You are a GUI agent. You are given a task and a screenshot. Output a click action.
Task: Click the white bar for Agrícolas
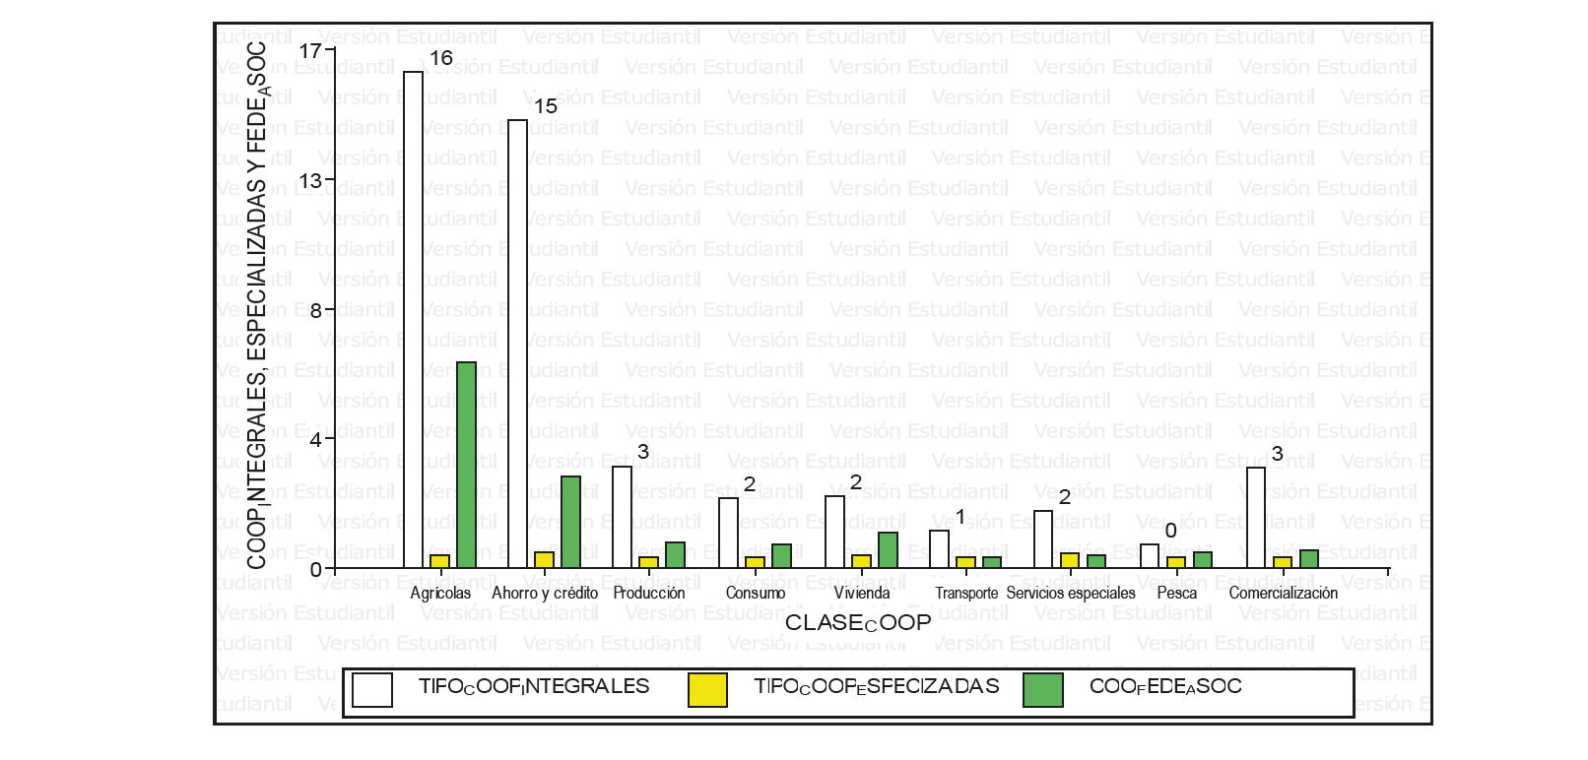click(413, 320)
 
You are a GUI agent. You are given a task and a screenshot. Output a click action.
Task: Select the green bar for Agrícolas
click(466, 465)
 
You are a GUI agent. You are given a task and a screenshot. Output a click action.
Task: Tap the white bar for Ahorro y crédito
click(517, 344)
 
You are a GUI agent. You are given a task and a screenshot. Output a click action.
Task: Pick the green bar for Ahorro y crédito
click(570, 522)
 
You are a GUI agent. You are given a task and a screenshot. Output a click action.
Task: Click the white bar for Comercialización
click(1256, 518)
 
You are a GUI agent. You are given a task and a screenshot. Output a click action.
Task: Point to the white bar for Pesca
click(1150, 556)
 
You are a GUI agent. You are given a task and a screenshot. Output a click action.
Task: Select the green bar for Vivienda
click(888, 550)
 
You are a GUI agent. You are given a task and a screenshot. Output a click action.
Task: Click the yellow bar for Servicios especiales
click(1070, 561)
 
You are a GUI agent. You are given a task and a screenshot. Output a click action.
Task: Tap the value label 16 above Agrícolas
click(440, 58)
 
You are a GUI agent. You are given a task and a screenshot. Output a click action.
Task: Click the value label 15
click(545, 106)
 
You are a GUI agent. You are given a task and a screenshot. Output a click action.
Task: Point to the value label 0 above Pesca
click(1170, 532)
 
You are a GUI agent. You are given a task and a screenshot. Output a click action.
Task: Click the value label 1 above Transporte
click(960, 518)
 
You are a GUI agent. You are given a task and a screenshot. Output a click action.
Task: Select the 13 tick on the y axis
click(311, 180)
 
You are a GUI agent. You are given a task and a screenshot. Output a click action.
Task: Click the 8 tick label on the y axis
click(315, 310)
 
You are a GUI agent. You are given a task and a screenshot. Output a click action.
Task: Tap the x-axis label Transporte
click(965, 594)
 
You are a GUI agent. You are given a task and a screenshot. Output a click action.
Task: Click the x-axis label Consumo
click(755, 594)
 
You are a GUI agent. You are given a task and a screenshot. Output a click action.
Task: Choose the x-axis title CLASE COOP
click(857, 623)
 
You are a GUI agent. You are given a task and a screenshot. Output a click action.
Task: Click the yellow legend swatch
click(707, 690)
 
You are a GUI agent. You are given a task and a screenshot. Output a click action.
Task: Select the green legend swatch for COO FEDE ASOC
click(1042, 690)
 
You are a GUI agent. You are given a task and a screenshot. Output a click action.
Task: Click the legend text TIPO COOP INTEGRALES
click(534, 687)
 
